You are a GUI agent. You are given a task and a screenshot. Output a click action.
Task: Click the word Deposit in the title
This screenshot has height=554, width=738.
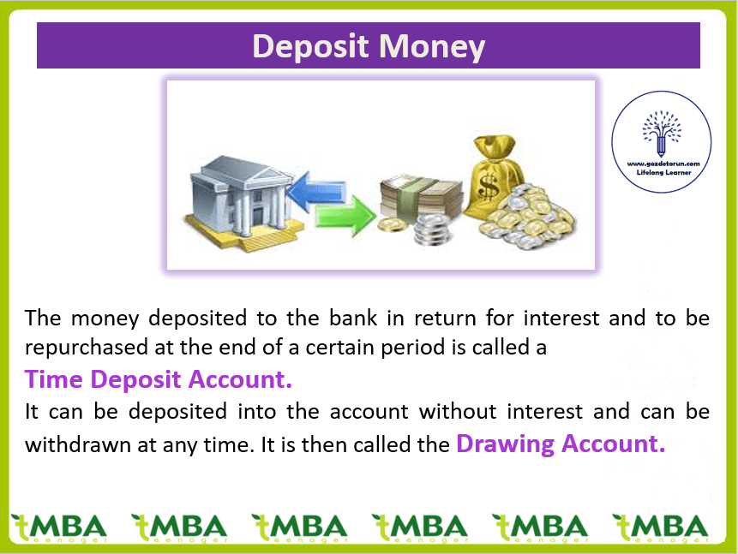[310, 47]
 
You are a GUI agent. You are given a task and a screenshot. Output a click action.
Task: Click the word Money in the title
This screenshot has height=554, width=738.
[432, 47]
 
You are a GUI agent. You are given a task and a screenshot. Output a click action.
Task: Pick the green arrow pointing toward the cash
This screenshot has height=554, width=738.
[345, 214]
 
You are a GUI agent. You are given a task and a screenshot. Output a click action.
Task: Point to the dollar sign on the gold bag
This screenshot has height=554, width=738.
[488, 187]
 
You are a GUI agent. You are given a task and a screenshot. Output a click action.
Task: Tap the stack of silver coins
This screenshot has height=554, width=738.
[432, 229]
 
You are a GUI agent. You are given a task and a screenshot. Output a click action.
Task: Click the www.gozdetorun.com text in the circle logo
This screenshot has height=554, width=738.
[663, 164]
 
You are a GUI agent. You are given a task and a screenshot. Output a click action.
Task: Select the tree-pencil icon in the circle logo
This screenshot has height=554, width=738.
[661, 134]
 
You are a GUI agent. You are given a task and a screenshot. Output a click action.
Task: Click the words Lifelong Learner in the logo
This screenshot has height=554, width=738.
[663, 173]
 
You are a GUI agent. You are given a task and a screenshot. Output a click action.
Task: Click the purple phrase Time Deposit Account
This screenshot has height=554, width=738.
[158, 379]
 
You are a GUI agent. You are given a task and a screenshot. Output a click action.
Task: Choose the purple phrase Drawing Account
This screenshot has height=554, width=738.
[561, 444]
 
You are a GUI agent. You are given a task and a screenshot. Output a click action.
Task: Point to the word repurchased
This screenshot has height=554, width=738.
[87, 348]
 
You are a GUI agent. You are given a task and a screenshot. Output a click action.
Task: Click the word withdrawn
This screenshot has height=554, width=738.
[78, 444]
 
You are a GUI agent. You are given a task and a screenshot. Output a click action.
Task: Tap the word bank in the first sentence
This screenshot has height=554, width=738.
[353, 318]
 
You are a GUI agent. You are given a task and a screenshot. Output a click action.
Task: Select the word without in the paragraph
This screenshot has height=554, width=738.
[458, 412]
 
